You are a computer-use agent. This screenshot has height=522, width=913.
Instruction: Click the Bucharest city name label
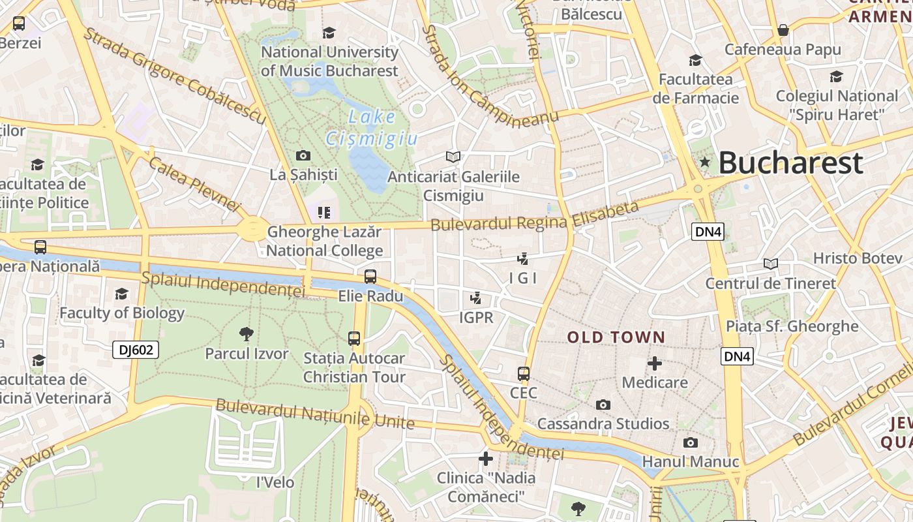[790, 162]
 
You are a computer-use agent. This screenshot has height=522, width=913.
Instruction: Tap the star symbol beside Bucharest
[704, 161]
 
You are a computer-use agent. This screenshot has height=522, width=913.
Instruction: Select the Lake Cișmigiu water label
[371, 128]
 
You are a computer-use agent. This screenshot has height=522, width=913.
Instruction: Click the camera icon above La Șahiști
[303, 155]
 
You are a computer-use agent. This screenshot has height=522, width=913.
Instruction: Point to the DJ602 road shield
[136, 350]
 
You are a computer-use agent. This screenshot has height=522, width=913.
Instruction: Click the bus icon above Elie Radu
[370, 277]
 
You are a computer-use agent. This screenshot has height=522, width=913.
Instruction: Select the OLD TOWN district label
[616, 337]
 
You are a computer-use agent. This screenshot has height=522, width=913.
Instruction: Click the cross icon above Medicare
[655, 363]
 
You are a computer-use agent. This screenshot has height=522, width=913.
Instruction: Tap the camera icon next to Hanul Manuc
[690, 443]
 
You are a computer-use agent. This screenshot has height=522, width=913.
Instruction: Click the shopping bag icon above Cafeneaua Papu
[783, 30]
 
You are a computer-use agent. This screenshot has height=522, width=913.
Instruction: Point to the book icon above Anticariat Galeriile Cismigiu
[453, 157]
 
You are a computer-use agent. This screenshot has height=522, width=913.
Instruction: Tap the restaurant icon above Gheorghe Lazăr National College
[324, 212]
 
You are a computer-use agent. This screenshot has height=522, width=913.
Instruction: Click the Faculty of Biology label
[122, 313]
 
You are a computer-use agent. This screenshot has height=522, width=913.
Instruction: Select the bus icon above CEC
[523, 374]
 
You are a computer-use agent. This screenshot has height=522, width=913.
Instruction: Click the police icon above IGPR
[476, 298]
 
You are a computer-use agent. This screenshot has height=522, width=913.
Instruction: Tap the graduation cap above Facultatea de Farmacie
[695, 60]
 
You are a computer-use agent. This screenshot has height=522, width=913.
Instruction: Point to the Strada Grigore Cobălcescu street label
[175, 76]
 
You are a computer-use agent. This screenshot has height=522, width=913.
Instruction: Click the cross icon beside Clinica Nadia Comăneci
[485, 459]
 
